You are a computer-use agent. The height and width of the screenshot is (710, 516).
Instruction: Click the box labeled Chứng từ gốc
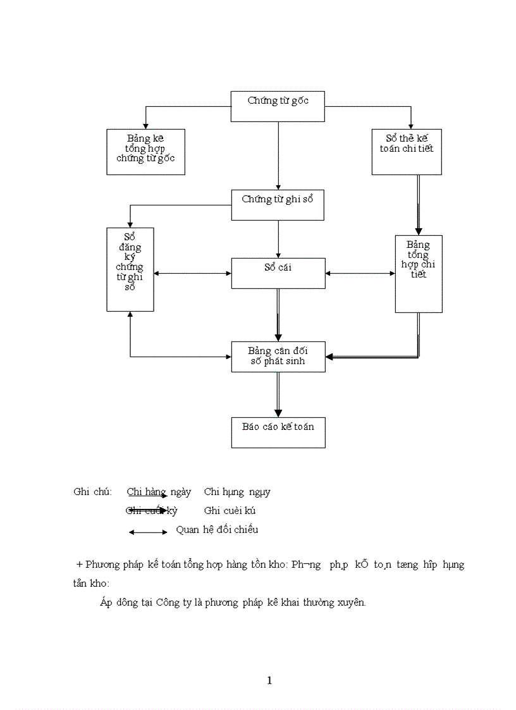click(278, 106)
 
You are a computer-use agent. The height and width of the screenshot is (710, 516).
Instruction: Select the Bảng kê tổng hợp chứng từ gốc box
click(145, 152)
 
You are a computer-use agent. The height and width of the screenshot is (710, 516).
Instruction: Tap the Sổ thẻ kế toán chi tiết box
click(406, 152)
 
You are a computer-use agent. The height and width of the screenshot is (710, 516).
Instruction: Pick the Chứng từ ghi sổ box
click(278, 205)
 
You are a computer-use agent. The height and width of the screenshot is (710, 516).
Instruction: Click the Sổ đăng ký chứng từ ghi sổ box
click(130, 269)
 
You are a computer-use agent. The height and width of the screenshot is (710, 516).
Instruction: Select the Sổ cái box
click(278, 273)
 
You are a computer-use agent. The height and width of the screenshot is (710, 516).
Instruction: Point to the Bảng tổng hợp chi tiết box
click(418, 274)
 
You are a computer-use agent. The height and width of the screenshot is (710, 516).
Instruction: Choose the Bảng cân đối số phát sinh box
click(278, 357)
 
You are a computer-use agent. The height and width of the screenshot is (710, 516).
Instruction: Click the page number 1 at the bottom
click(269, 681)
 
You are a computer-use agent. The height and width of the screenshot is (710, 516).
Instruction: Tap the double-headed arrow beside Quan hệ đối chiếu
click(148, 532)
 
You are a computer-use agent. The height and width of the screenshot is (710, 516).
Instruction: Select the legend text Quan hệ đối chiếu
click(217, 530)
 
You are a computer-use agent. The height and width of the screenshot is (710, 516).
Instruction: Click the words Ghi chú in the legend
click(92, 492)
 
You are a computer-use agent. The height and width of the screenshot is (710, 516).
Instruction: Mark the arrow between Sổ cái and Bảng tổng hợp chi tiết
click(360, 273)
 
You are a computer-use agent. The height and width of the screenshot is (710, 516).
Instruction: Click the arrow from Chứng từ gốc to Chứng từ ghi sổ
click(278, 155)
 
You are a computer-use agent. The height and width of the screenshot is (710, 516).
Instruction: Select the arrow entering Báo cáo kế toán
click(278, 395)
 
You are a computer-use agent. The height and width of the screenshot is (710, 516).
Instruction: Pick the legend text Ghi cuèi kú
click(230, 511)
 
